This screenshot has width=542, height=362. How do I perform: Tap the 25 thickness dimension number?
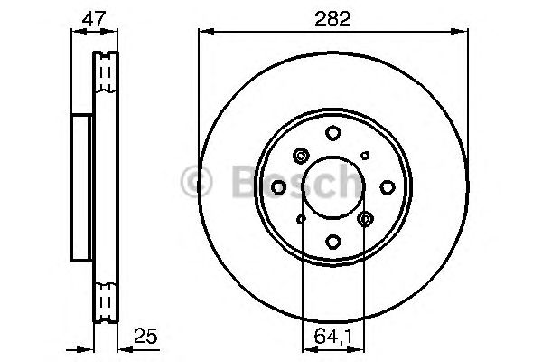click(x=145, y=336)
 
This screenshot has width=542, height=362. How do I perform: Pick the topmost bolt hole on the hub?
click(x=333, y=133)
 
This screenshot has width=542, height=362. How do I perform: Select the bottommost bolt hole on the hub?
click(x=333, y=241)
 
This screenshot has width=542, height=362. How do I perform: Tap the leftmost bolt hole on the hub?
click(x=279, y=186)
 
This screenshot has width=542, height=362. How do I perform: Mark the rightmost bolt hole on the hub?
click(x=388, y=187)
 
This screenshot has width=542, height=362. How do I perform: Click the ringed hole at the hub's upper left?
click(x=302, y=155)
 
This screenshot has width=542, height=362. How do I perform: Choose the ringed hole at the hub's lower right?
click(x=365, y=219)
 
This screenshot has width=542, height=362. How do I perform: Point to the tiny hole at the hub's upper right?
click(x=365, y=156)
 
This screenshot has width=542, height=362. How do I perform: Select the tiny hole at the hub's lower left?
click(x=302, y=219)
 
